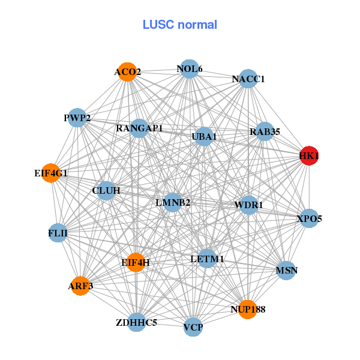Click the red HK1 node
(309, 156)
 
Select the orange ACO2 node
(127, 72)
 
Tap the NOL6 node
(189, 69)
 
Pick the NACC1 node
(248, 79)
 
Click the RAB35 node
(265, 131)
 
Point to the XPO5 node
(308, 218)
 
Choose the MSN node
(286, 271)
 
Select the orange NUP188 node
(247, 309)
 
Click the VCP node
(193, 327)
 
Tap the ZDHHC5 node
(136, 322)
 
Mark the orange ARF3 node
(80, 286)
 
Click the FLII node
(58, 232)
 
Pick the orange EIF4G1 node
(52, 173)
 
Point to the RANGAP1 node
(139, 128)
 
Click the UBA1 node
(204, 137)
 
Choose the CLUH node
(106, 191)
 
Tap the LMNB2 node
(173, 202)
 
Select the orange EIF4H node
(135, 262)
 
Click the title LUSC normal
(180, 25)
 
